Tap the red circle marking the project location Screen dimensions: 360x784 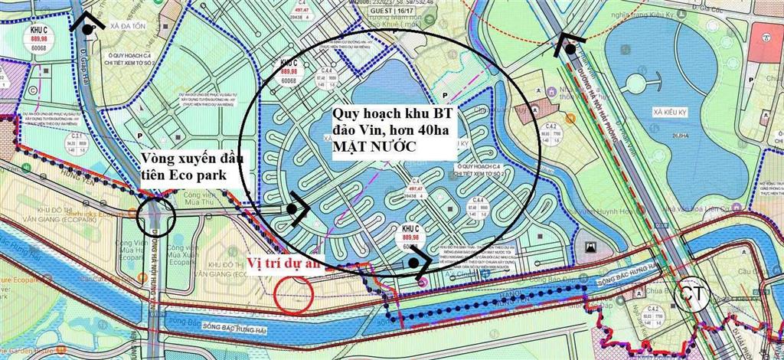coord(294,293)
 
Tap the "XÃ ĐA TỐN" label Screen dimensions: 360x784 coord(126,26)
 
